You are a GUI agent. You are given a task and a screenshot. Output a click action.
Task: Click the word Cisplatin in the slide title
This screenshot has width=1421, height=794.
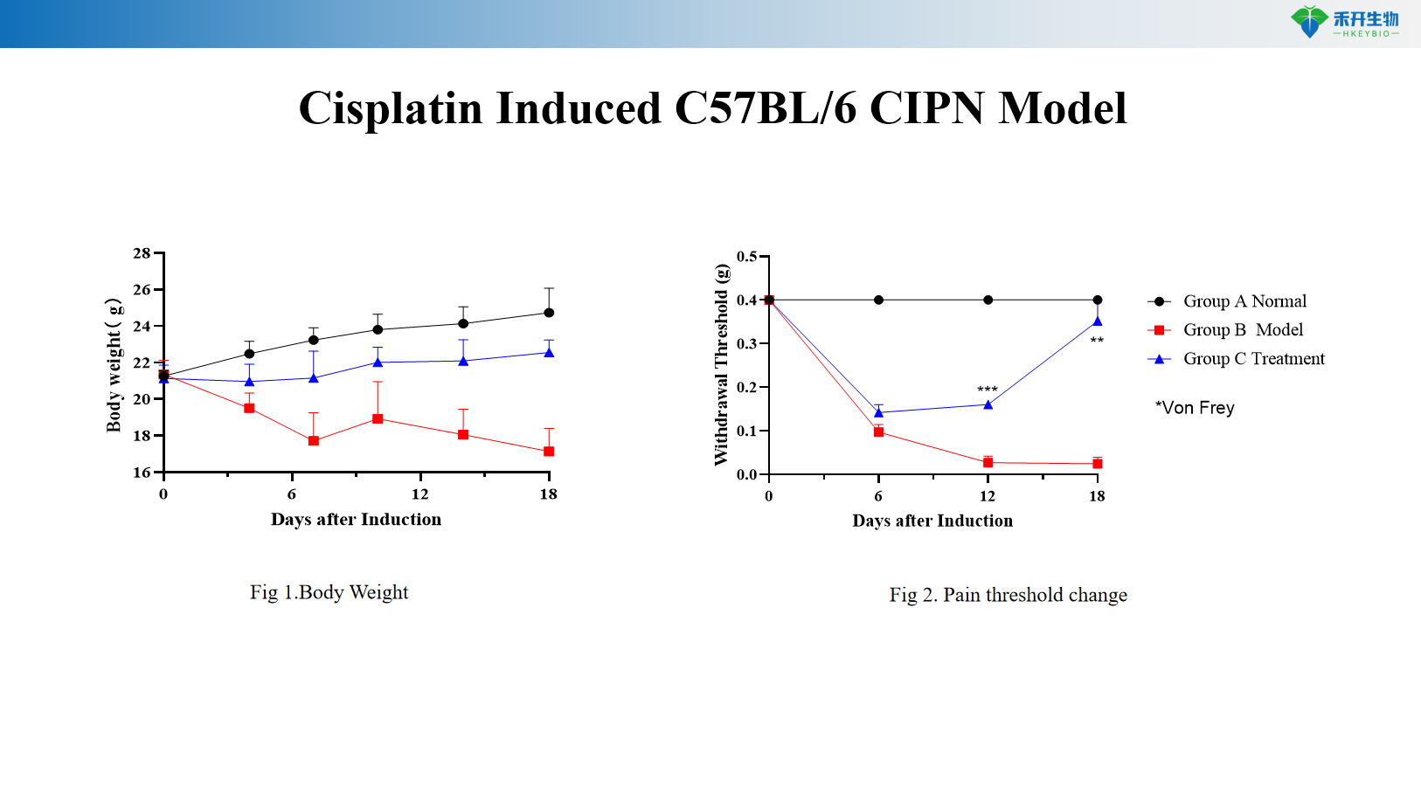tap(390, 108)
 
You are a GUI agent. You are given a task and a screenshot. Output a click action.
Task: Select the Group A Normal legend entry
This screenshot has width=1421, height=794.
tap(1244, 301)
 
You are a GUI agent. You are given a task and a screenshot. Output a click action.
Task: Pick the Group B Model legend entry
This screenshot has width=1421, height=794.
tap(1242, 330)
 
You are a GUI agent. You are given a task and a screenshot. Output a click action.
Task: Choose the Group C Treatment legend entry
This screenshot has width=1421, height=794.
tap(1252, 359)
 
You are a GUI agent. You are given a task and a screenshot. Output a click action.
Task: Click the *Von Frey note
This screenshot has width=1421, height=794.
tap(1195, 408)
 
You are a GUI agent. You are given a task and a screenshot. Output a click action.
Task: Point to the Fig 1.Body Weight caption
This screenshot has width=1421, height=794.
tap(329, 592)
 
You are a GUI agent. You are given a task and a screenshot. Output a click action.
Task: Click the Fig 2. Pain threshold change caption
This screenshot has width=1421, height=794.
tap(1008, 595)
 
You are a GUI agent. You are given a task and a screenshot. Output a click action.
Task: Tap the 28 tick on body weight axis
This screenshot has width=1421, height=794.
tap(142, 253)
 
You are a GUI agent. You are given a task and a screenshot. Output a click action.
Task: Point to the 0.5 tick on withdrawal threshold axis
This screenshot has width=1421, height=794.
tap(746, 257)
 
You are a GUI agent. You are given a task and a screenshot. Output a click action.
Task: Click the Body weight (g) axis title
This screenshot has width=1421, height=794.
tap(114, 365)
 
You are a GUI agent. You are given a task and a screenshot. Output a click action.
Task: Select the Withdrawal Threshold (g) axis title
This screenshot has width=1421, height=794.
tap(721, 365)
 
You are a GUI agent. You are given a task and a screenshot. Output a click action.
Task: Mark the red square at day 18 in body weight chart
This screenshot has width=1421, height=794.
tap(549, 452)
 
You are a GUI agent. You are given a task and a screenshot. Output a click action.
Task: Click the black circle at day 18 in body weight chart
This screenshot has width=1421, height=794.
tap(549, 313)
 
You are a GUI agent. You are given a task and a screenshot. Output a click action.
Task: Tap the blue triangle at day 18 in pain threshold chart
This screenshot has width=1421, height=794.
tap(1098, 321)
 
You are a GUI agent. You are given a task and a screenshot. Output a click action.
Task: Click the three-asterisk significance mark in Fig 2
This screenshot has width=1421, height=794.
tap(988, 390)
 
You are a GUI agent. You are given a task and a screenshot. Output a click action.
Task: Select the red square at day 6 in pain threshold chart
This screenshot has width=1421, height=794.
tap(878, 432)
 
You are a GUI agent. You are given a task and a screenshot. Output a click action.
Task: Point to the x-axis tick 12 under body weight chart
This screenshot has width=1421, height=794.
tap(420, 494)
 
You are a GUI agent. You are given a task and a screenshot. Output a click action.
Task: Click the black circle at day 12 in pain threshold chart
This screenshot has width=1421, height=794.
tap(988, 300)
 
